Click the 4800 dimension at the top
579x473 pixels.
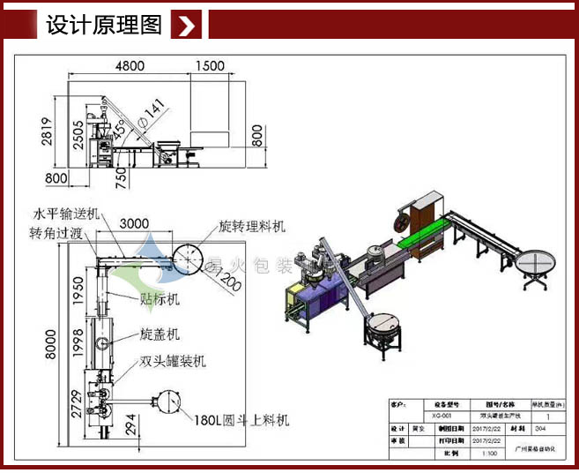[x=130, y=66]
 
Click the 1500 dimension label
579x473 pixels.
[x=210, y=66]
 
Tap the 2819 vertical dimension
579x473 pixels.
[x=56, y=139]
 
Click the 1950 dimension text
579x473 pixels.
[x=78, y=297]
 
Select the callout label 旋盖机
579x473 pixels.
[x=160, y=334]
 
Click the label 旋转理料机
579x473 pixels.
[x=252, y=227]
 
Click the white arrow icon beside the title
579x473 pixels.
[x=187, y=26]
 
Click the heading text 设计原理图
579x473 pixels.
[x=104, y=26]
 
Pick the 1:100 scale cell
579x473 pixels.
[x=487, y=453]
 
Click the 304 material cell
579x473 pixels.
[x=551, y=428]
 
